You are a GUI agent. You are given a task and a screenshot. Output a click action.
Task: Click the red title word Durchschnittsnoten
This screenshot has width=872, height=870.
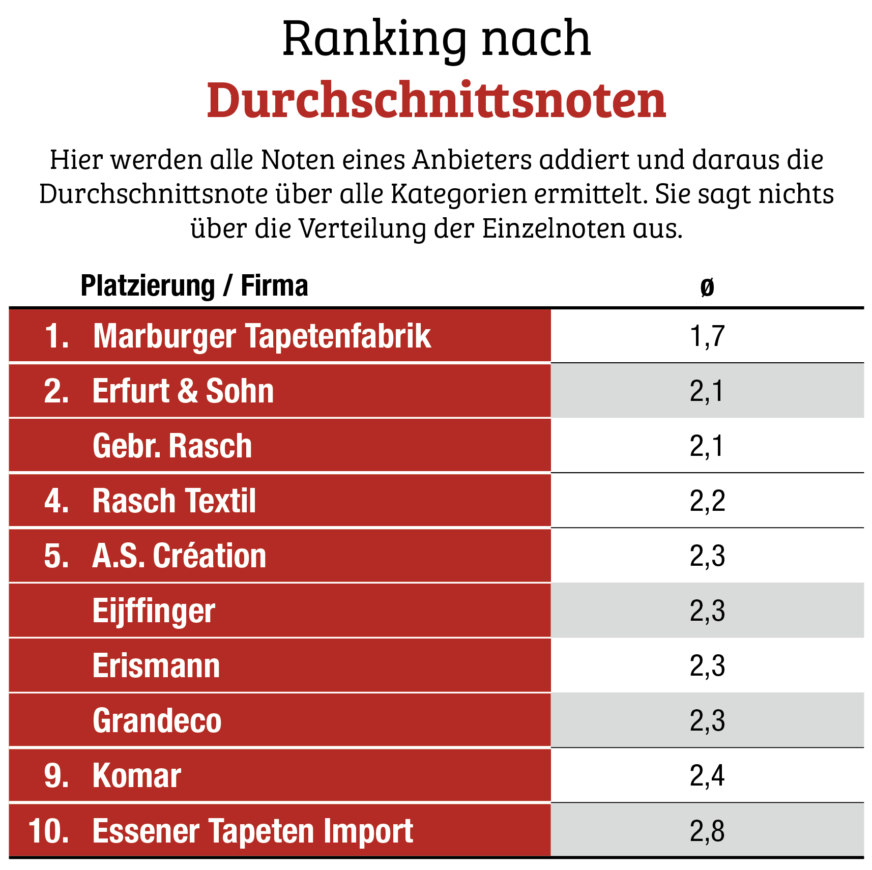[436, 100]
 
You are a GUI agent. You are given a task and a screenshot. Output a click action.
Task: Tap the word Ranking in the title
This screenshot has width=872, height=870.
[374, 39]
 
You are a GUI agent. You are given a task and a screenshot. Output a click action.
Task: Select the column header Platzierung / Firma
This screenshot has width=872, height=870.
[194, 285]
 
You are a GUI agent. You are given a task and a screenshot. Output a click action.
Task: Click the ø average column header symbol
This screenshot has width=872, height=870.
[707, 287]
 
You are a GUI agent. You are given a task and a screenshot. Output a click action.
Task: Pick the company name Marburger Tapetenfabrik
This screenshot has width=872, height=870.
[261, 336]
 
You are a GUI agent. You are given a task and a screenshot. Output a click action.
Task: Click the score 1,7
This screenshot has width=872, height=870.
[707, 336]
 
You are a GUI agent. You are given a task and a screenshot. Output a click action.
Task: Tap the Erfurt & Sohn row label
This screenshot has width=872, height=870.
[183, 391]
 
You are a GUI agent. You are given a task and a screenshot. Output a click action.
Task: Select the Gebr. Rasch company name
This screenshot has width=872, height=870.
[172, 446]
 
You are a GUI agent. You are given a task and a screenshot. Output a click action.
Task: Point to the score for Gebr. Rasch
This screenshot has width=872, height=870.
[707, 446]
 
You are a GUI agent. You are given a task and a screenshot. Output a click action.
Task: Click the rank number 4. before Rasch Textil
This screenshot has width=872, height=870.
[56, 501]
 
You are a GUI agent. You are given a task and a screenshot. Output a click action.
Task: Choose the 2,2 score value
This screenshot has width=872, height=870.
[707, 501]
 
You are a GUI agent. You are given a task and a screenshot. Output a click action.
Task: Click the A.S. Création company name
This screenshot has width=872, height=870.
[179, 556]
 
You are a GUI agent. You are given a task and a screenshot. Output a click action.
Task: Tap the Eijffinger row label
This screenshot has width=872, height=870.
[154, 611]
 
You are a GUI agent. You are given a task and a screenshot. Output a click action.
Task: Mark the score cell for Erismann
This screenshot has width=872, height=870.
[707, 666]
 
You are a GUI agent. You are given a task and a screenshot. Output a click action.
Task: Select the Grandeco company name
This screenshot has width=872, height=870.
[157, 721]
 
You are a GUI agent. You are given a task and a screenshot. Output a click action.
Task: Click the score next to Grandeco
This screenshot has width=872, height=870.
[707, 721]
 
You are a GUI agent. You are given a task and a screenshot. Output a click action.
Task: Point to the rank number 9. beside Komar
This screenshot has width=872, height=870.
[56, 776]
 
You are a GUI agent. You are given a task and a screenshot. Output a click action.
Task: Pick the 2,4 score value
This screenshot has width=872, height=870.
[707, 776]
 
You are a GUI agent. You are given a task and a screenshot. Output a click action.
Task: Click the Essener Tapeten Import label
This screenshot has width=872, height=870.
[252, 831]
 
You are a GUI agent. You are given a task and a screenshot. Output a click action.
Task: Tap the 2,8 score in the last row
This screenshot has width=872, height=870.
[707, 831]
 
